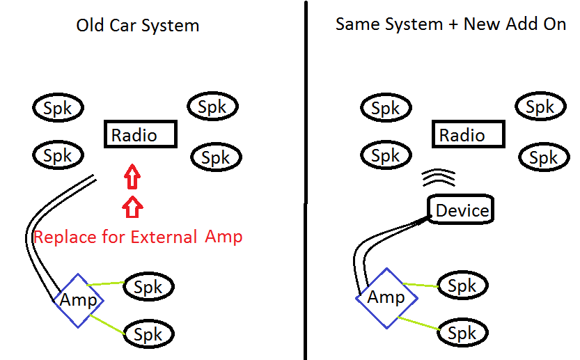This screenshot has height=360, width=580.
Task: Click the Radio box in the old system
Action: point(140,134)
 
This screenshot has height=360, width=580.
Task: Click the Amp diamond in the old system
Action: point(78,300)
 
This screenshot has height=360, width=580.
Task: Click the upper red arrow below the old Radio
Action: point(132,178)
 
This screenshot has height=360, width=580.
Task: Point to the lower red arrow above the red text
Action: point(132,207)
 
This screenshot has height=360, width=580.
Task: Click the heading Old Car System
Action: point(137,26)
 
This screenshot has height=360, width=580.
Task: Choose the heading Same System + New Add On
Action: point(450,24)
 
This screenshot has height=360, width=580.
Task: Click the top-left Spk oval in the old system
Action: point(58,108)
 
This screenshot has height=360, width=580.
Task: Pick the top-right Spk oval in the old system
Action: point(212,107)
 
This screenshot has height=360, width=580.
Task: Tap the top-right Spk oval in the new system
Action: point(540,107)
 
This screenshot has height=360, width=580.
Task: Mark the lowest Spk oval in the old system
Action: point(148,334)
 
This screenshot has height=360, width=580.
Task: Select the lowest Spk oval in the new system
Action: point(462,334)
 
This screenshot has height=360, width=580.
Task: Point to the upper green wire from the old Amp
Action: point(105,283)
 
